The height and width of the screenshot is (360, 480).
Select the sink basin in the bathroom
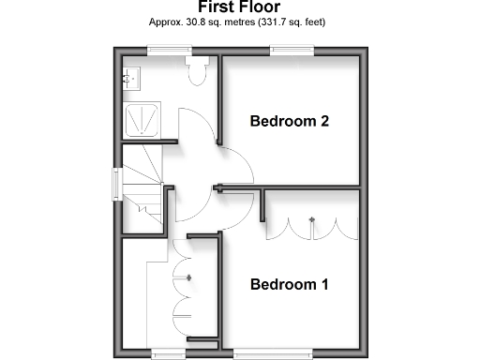(129, 80)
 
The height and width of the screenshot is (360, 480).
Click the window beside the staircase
(115, 183)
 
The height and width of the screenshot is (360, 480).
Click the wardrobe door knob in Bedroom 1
(311, 222)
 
